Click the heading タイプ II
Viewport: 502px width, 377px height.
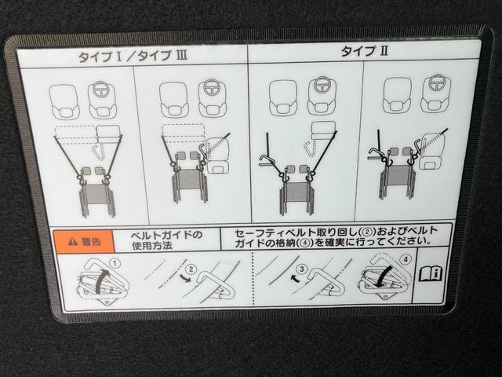(x=364, y=51)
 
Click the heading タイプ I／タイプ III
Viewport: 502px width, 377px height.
(x=133, y=57)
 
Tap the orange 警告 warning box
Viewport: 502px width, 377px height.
(x=84, y=241)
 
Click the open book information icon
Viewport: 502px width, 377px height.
(x=431, y=274)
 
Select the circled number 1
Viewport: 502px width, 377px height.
(x=115, y=264)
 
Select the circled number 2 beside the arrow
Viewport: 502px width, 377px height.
(x=191, y=269)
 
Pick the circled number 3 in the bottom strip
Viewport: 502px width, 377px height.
(x=301, y=269)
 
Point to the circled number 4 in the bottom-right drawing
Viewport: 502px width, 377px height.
(x=406, y=259)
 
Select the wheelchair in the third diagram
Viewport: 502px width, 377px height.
(x=296, y=194)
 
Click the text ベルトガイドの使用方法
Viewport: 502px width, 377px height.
(x=166, y=240)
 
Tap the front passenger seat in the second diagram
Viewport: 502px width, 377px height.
(x=173, y=100)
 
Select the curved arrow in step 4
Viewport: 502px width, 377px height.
(x=385, y=276)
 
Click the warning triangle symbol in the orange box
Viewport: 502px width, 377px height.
(x=73, y=241)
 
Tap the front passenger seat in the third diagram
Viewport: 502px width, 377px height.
(x=283, y=97)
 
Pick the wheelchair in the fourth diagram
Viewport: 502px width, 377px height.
(x=398, y=180)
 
